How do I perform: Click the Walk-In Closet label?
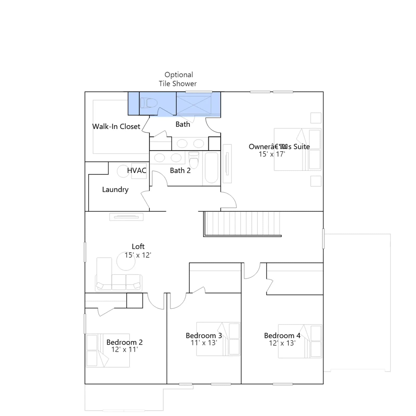[116, 127]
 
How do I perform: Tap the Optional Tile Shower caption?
[178, 79]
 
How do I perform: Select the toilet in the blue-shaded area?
[149, 103]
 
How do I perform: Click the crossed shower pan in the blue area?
[194, 105]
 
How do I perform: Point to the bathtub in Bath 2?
[211, 168]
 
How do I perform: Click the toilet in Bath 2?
[194, 160]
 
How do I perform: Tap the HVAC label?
[136, 171]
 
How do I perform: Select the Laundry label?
[115, 190]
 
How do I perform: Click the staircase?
[242, 224]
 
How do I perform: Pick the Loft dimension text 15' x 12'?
[138, 255]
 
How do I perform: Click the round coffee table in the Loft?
[126, 261]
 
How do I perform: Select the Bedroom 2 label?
[125, 342]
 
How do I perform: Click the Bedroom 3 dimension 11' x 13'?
[204, 343]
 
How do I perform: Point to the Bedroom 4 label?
[282, 336]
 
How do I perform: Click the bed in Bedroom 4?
[300, 341]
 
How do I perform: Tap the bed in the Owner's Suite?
[297, 149]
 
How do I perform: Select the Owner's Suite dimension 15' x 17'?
[272, 154]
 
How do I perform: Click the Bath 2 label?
[180, 171]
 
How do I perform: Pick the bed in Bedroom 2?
[108, 350]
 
